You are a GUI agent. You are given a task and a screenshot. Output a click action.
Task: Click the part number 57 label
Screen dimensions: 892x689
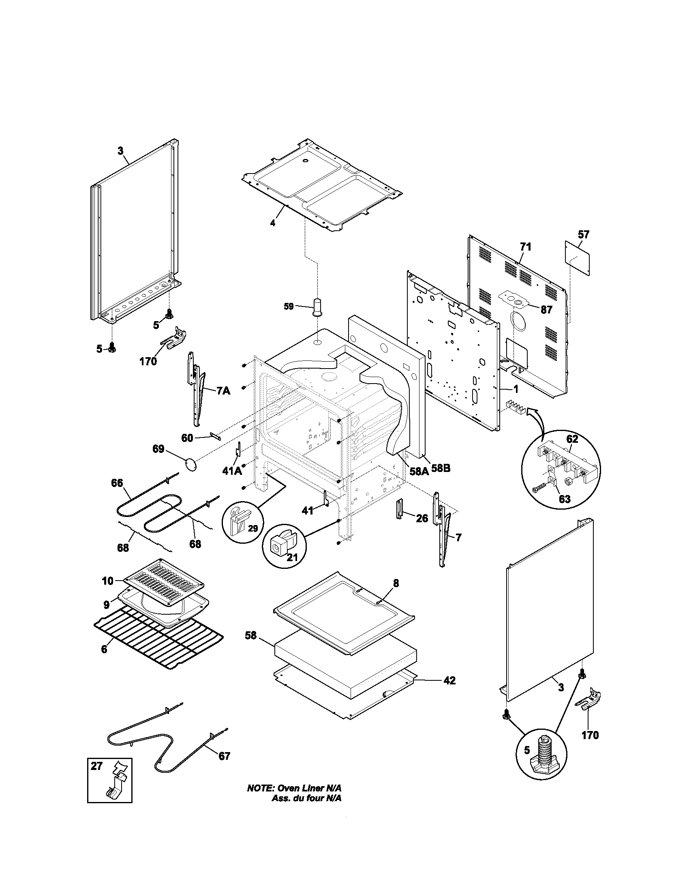click(583, 234)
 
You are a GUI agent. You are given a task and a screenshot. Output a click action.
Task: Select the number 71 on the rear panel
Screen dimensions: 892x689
click(526, 247)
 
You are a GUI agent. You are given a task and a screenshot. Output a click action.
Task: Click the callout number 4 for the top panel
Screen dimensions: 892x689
click(273, 223)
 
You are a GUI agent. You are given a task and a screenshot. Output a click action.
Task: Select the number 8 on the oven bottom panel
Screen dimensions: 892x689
click(396, 583)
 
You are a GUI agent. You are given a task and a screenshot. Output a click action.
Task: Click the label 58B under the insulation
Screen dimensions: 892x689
click(441, 468)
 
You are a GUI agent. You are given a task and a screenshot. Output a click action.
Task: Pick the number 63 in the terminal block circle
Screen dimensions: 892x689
click(565, 499)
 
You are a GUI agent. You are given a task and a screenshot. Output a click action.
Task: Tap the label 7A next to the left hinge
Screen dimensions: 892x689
click(223, 391)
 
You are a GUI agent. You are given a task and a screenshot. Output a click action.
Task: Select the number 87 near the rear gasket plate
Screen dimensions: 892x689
click(546, 310)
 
